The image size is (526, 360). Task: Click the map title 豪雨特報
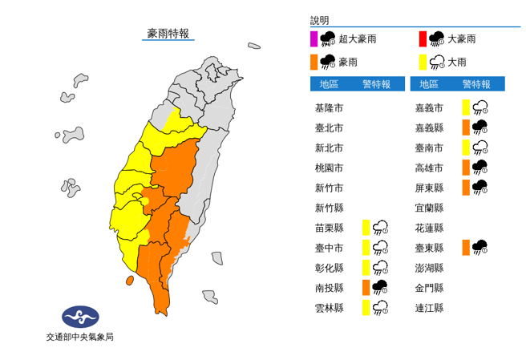(x=168, y=33)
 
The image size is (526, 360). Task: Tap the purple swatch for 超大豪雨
(x=314, y=38)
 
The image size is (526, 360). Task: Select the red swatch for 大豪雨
(x=422, y=38)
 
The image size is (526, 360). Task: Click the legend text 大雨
(x=458, y=62)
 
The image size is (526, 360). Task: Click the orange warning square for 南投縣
(x=365, y=287)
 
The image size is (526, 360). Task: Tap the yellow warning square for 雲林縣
(x=365, y=307)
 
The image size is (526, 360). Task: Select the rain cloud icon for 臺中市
(x=381, y=247)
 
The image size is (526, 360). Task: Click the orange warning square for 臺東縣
(x=465, y=247)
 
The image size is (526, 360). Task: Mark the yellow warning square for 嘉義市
(x=465, y=107)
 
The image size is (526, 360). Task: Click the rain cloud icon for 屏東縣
(x=481, y=188)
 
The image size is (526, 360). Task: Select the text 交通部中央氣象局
(x=79, y=338)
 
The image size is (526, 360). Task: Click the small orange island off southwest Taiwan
(x=129, y=281)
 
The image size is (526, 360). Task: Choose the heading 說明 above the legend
(x=319, y=21)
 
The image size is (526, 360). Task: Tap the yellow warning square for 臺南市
(x=465, y=148)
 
